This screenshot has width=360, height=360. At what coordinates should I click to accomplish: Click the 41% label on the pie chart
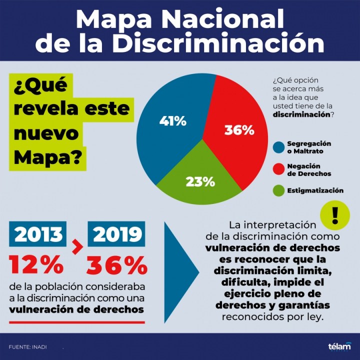(172, 120)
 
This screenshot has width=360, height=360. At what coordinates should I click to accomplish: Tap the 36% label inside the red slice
(238, 130)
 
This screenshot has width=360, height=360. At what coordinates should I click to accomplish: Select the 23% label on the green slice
(200, 181)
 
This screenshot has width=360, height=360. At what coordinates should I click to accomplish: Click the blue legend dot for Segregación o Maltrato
(279, 147)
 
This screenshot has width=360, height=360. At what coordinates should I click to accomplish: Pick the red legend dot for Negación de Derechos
(279, 169)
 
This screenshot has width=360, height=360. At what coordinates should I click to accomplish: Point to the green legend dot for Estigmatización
(279, 190)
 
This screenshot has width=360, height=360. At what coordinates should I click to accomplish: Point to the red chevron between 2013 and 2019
(77, 246)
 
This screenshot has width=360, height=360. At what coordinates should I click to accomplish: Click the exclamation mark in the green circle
(335, 214)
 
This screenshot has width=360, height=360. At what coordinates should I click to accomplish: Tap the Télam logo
(339, 346)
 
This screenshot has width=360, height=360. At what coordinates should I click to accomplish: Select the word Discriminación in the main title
(218, 42)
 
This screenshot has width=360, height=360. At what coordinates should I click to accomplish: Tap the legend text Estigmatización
(315, 190)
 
